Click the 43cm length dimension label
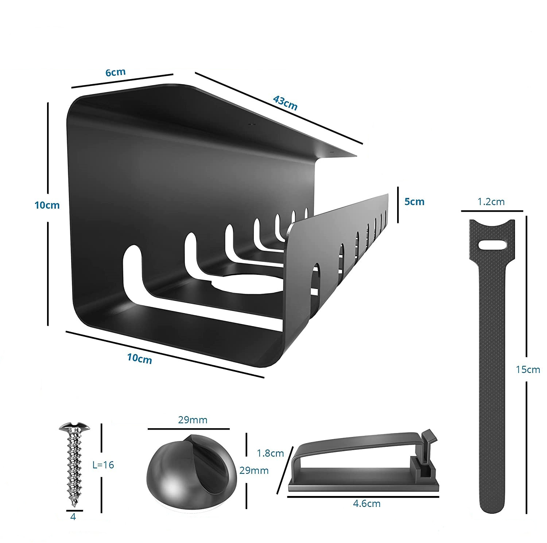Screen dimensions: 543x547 (x=285, y=103)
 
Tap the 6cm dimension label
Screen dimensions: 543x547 (x=115, y=72)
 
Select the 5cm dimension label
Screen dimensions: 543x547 (x=414, y=202)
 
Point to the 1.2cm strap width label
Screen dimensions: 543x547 (x=491, y=202)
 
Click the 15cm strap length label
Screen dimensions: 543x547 (x=528, y=369)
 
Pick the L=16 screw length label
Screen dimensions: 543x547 (x=103, y=465)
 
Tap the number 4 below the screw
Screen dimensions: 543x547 (x=73, y=517)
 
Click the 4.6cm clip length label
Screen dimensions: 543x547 (x=366, y=504)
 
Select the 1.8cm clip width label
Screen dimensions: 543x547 (x=270, y=453)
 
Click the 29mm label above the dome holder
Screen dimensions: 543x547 (x=193, y=420)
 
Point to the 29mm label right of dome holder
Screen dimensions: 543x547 (x=254, y=470)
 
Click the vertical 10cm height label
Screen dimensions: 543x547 (x=47, y=205)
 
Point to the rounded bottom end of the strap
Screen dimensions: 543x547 (x=492, y=508)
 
